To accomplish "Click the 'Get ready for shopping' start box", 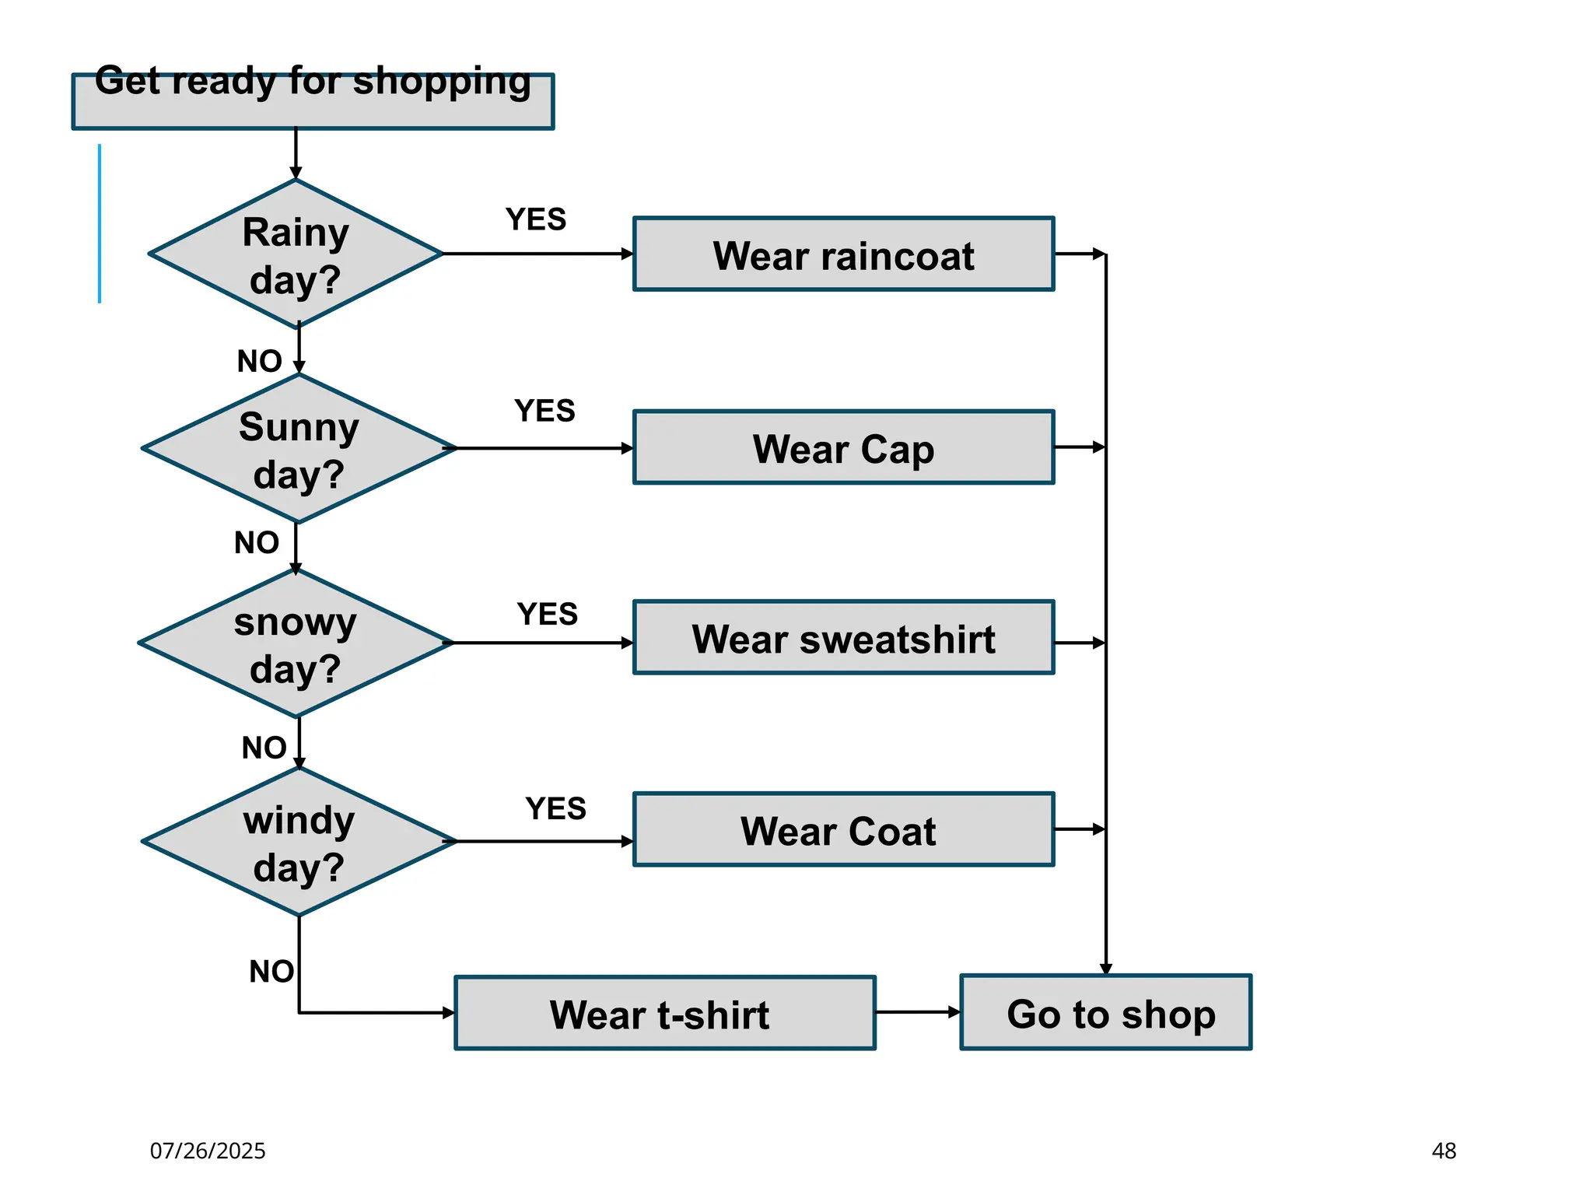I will click(x=313, y=101).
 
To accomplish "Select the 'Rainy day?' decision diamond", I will click(x=296, y=254).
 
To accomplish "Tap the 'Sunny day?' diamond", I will click(x=299, y=449).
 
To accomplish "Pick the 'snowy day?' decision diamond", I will click(x=296, y=643).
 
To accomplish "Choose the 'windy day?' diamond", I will click(x=299, y=842).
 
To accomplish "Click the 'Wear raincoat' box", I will click(x=843, y=254).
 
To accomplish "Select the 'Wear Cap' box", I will click(x=843, y=448).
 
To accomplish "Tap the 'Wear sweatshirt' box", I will click(x=843, y=638).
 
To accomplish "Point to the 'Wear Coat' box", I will click(x=843, y=829).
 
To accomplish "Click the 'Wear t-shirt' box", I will click(x=665, y=1014).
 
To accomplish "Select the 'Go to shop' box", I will click(x=1106, y=1013).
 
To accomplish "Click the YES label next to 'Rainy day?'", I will click(x=536, y=219).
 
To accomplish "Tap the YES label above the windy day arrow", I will click(x=555, y=808).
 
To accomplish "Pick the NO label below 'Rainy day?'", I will click(x=259, y=361).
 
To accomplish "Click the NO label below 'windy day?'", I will click(x=271, y=971).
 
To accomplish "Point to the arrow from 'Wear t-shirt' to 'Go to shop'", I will click(x=918, y=1012).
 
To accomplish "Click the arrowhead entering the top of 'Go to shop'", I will click(x=1106, y=969).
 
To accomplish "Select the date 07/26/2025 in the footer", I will click(x=208, y=1151).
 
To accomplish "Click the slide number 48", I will click(x=1444, y=1151).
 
